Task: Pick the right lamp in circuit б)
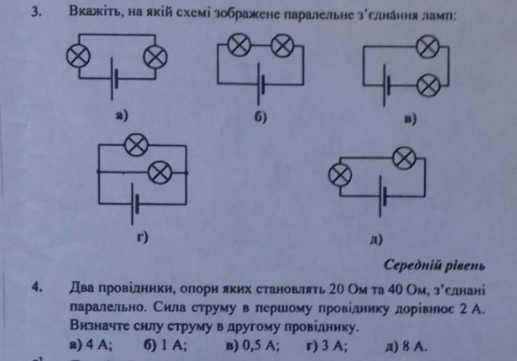[282, 47]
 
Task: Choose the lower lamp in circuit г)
[162, 171]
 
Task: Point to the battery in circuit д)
[382, 198]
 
